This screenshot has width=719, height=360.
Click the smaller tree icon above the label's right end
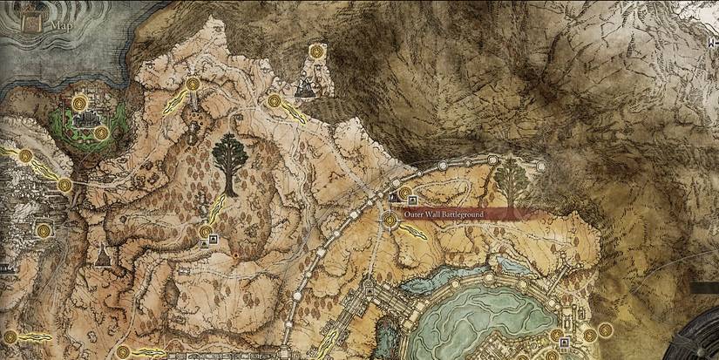510,181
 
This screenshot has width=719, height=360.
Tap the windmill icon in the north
305,86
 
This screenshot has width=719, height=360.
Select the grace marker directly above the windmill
316,51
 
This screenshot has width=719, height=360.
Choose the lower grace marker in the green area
102,133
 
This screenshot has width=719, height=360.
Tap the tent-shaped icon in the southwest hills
103,255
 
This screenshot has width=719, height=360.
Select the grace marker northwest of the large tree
191,85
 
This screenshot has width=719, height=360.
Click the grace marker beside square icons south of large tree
206,232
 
